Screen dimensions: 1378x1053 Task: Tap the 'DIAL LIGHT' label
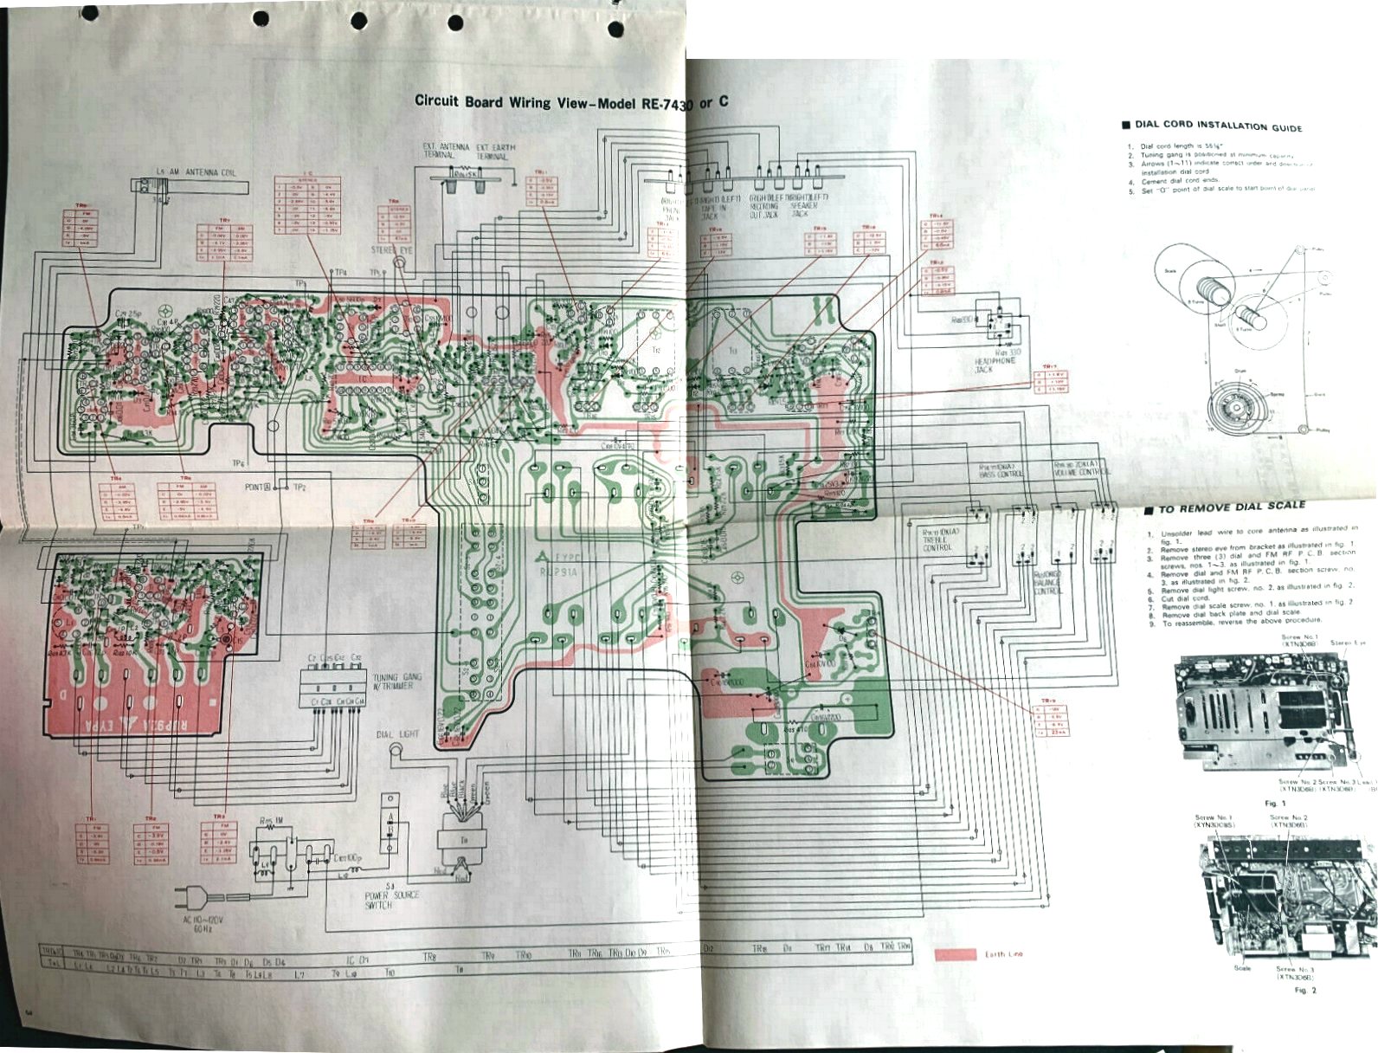click(x=397, y=734)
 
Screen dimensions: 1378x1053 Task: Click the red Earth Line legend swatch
click(x=956, y=955)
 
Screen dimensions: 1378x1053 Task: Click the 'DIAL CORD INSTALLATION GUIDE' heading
click(x=1218, y=126)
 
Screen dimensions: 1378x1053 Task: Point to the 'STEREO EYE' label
click(x=392, y=249)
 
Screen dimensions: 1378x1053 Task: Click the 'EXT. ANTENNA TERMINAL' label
click(x=446, y=151)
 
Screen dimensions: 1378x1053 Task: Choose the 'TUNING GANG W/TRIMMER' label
click(x=397, y=682)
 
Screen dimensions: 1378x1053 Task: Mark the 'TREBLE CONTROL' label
click(x=937, y=542)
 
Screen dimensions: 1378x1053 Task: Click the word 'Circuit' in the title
click(x=437, y=101)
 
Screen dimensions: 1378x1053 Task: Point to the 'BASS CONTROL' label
click(x=1001, y=470)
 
